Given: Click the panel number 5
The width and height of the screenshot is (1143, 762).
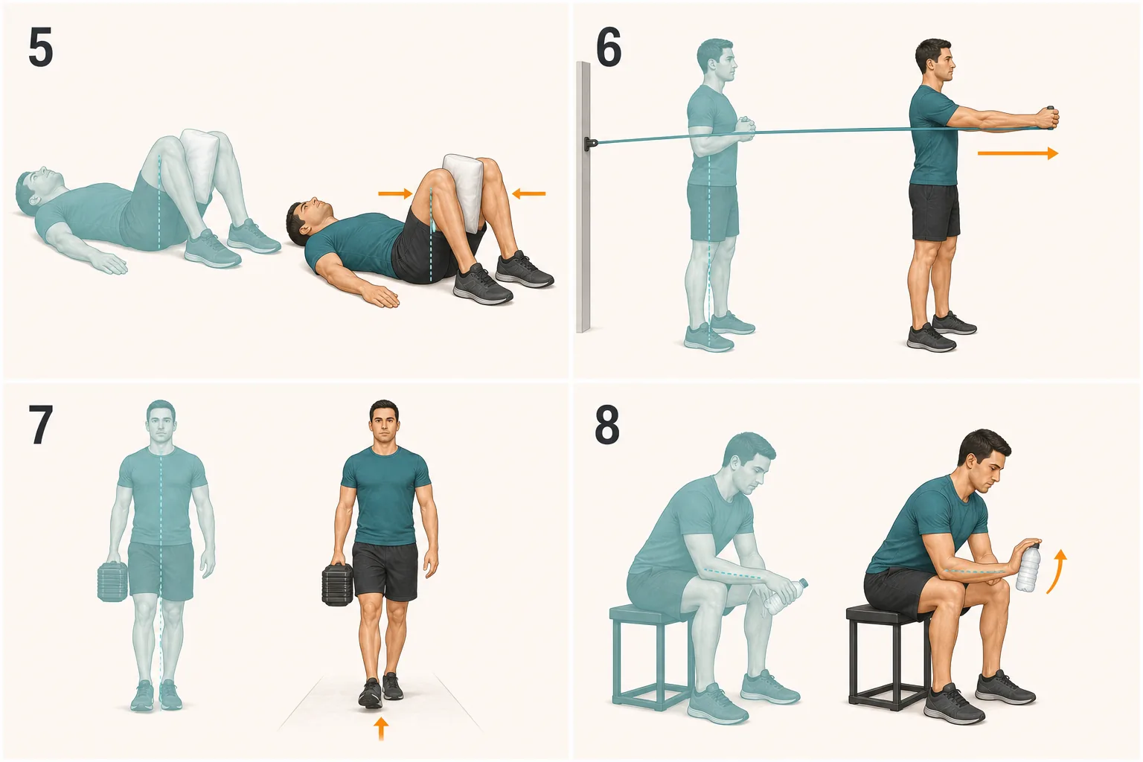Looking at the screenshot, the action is coord(41,48).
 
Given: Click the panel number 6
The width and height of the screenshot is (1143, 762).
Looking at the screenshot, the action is coord(609,48).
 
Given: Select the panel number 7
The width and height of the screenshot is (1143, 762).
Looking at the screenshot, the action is coord(40,425).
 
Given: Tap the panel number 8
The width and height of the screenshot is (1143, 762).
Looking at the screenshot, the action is coord(607,425).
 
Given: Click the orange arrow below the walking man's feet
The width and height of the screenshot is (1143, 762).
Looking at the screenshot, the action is coord(381,729).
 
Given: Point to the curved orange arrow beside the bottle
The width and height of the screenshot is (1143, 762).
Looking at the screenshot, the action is coord(1056,571).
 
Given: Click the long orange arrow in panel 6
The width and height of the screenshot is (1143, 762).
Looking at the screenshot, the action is coord(1018,153).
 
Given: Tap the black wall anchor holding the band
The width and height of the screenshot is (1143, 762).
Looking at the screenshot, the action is coord(591,144).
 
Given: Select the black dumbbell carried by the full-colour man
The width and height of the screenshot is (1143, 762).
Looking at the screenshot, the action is coord(337,584).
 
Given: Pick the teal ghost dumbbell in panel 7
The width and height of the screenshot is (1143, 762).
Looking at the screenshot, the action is coord(112,581).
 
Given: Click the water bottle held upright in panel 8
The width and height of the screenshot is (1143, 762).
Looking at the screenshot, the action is coord(1028,567).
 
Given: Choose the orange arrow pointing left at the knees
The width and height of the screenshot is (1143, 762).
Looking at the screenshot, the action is coord(528,193).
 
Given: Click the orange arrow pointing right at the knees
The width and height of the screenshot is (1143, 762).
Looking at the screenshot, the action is coord(395,193).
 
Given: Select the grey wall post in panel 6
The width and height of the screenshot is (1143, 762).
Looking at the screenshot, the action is coord(583,197).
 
